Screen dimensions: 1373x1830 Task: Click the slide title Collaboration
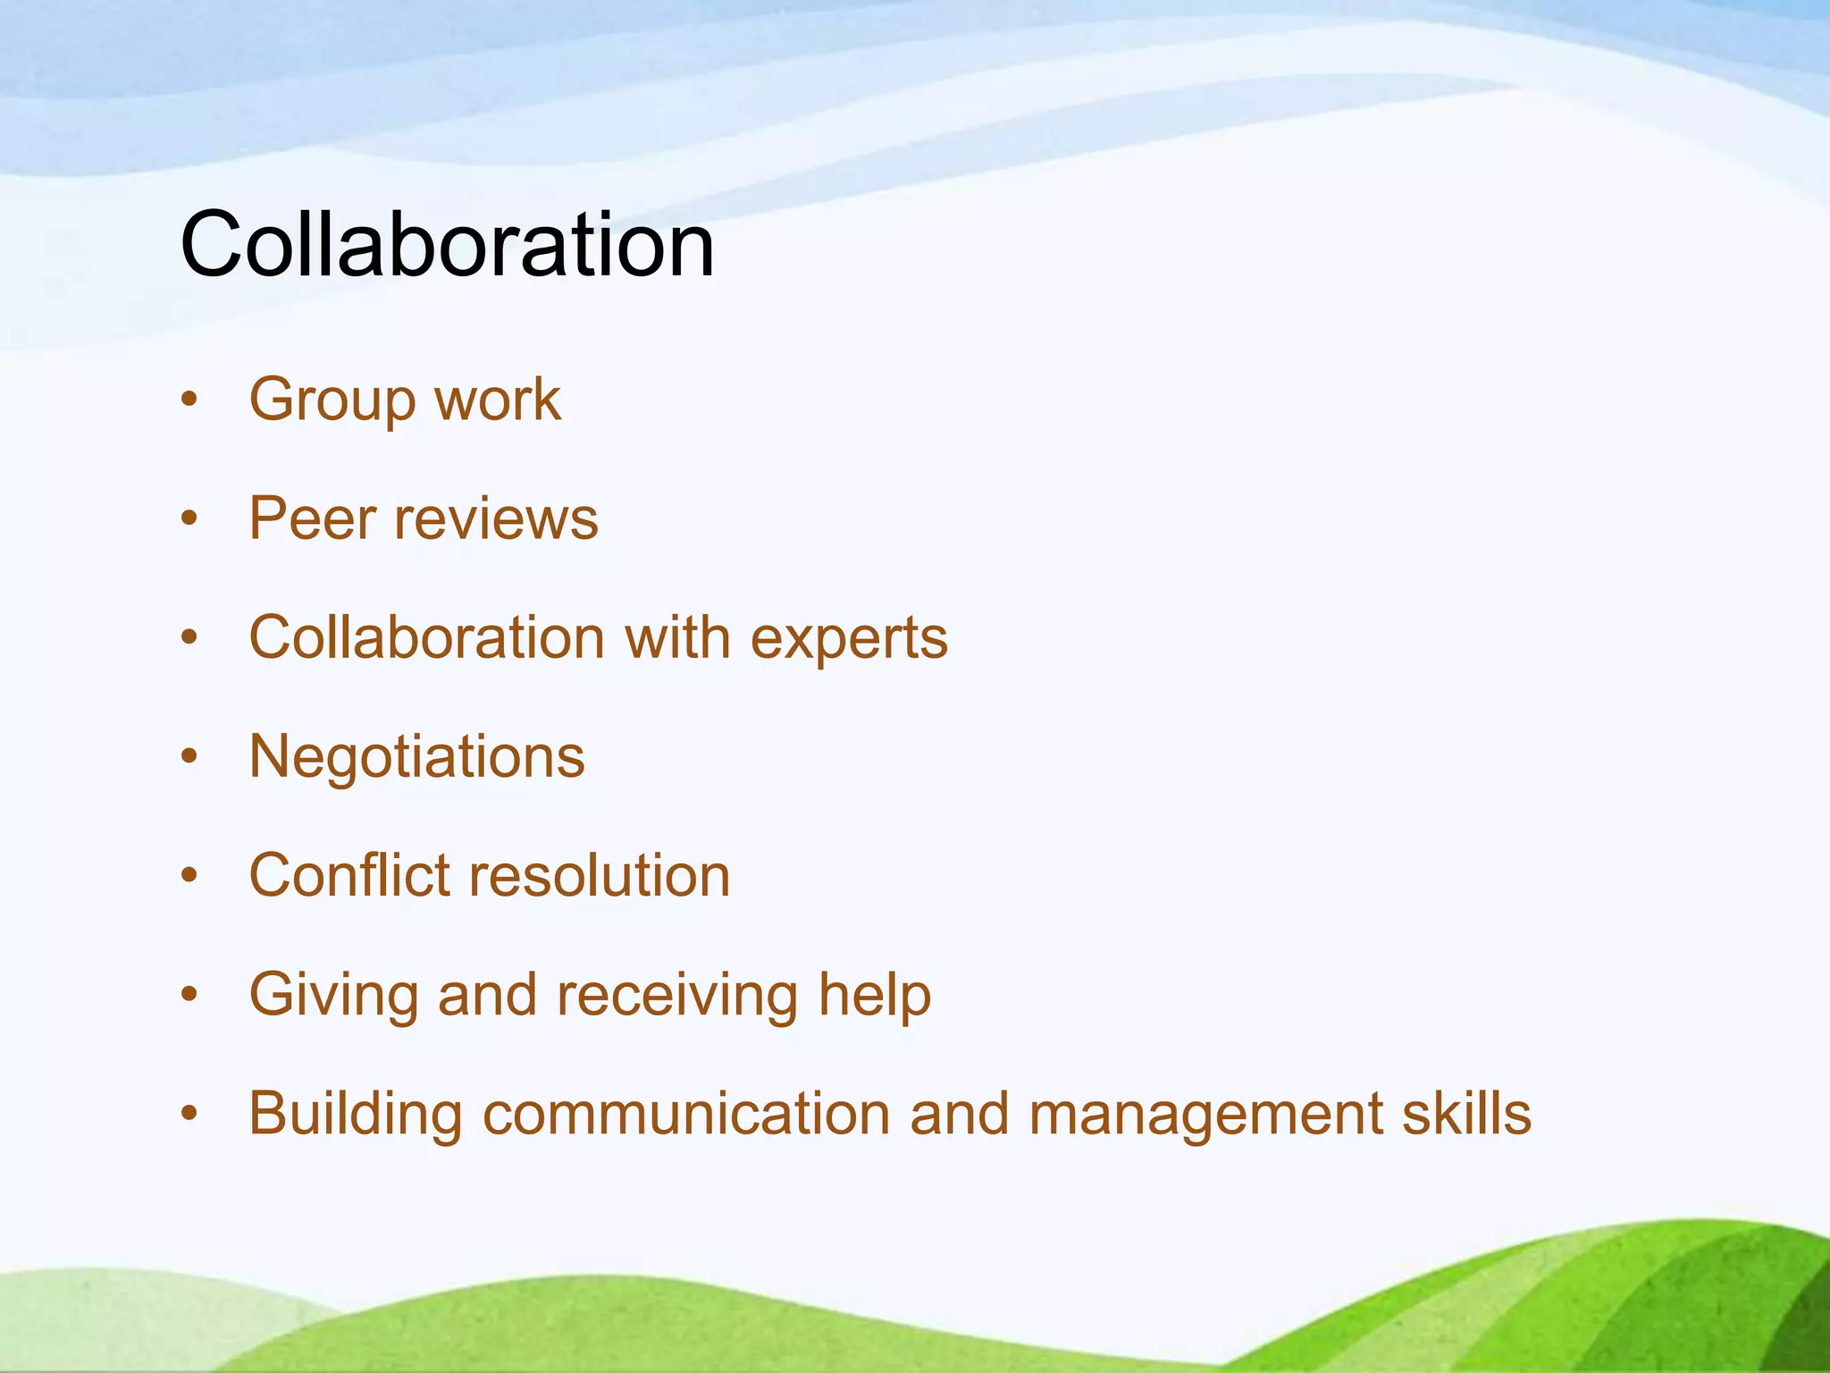447,243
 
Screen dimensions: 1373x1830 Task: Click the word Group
331,400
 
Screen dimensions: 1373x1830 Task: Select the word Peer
312,518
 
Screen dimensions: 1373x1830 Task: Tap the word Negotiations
416,757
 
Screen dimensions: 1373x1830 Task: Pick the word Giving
333,996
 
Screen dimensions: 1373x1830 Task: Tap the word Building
356,1116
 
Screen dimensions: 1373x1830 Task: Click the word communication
686,1114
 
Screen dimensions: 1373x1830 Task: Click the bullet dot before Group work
189,400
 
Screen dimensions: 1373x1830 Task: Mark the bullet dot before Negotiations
189,757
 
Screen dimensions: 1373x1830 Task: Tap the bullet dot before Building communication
189,1114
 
